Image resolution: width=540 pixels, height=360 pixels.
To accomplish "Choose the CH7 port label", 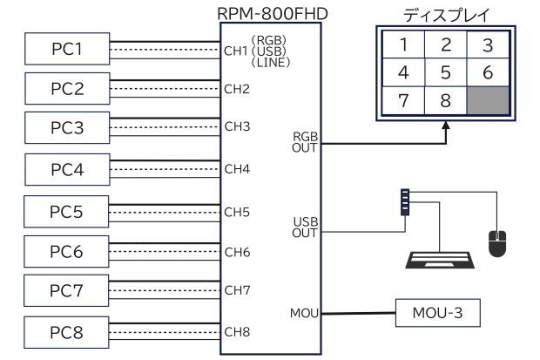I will (237, 289).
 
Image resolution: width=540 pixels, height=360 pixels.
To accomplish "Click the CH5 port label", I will (237, 212).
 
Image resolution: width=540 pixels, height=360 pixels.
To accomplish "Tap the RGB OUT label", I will (306, 142).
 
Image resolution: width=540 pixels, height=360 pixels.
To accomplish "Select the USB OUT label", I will (306, 227).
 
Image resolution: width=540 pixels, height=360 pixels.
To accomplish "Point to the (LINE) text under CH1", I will (269, 63).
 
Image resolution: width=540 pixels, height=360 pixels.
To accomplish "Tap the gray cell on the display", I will (487, 99).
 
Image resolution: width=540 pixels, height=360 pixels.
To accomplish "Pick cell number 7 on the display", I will (403, 99).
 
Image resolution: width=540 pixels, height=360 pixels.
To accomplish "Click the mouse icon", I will (497, 243).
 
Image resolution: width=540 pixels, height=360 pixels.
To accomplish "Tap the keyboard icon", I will (441, 261).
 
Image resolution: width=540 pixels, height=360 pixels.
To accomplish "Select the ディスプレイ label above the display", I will (444, 15).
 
